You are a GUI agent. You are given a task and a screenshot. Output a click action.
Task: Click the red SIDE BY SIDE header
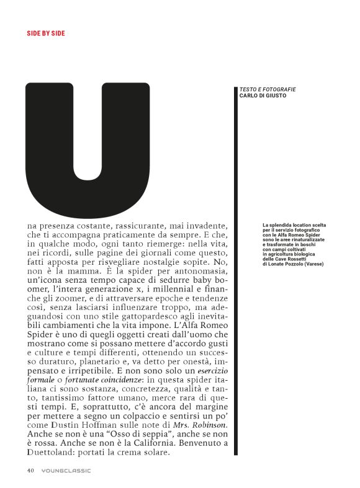coord(45,33)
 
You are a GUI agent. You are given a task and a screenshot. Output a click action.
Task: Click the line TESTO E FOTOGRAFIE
coord(268,89)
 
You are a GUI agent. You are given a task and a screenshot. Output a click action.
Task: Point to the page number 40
coord(30,470)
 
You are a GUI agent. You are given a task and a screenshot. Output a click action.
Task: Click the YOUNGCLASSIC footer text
coord(66,470)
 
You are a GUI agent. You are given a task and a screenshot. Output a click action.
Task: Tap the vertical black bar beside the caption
coord(236,273)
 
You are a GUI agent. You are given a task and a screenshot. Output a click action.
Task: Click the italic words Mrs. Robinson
coord(202,425)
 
